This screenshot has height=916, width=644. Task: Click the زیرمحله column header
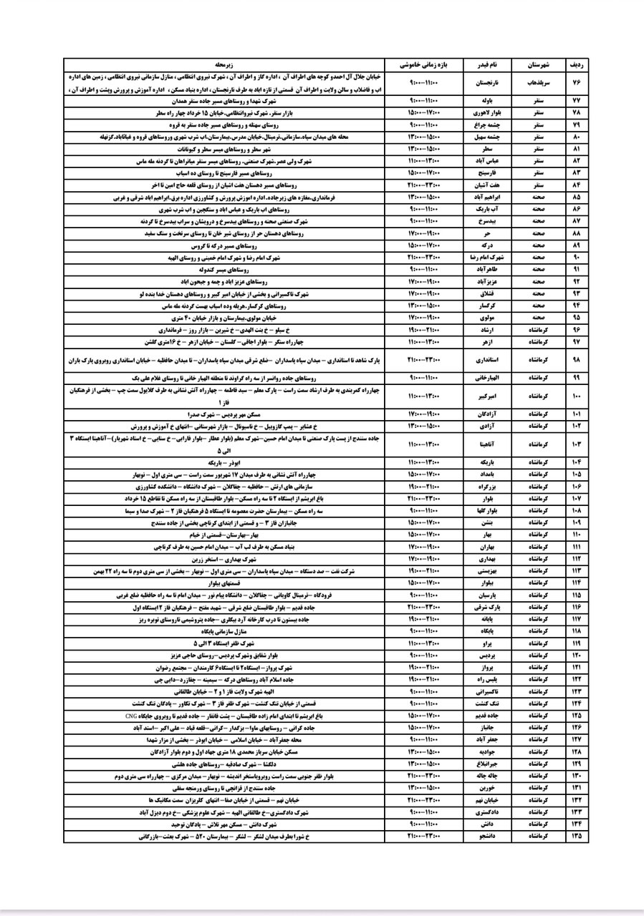[x=225, y=64]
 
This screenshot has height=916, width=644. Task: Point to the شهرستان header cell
[x=537, y=64]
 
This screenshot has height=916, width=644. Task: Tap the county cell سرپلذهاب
[x=537, y=83]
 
